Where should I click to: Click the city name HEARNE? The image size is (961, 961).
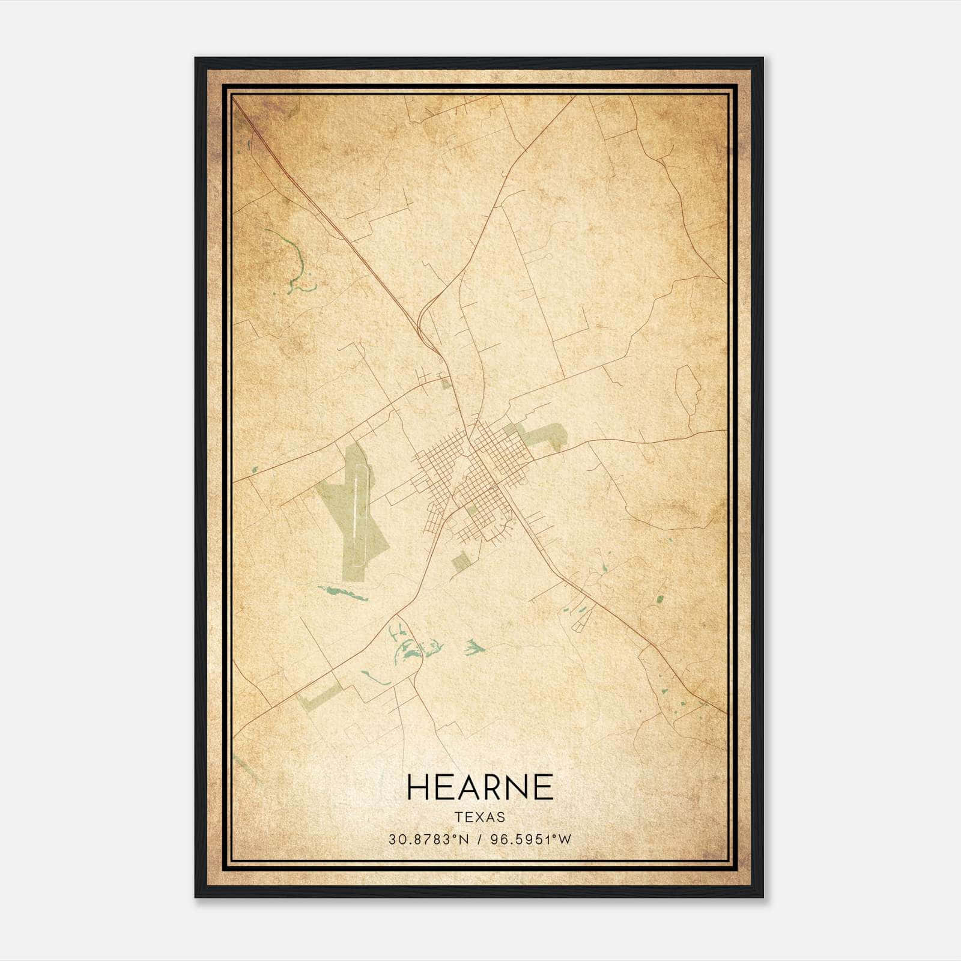pos(480,787)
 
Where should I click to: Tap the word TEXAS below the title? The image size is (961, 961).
pos(480,817)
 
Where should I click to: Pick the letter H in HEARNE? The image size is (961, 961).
pos(418,787)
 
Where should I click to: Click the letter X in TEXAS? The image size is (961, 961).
pos(480,817)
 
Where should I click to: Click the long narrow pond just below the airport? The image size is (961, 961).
pos(342,593)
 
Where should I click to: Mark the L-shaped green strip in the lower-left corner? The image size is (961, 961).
pos(318,695)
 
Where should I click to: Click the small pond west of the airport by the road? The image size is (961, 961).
pos(255,469)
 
